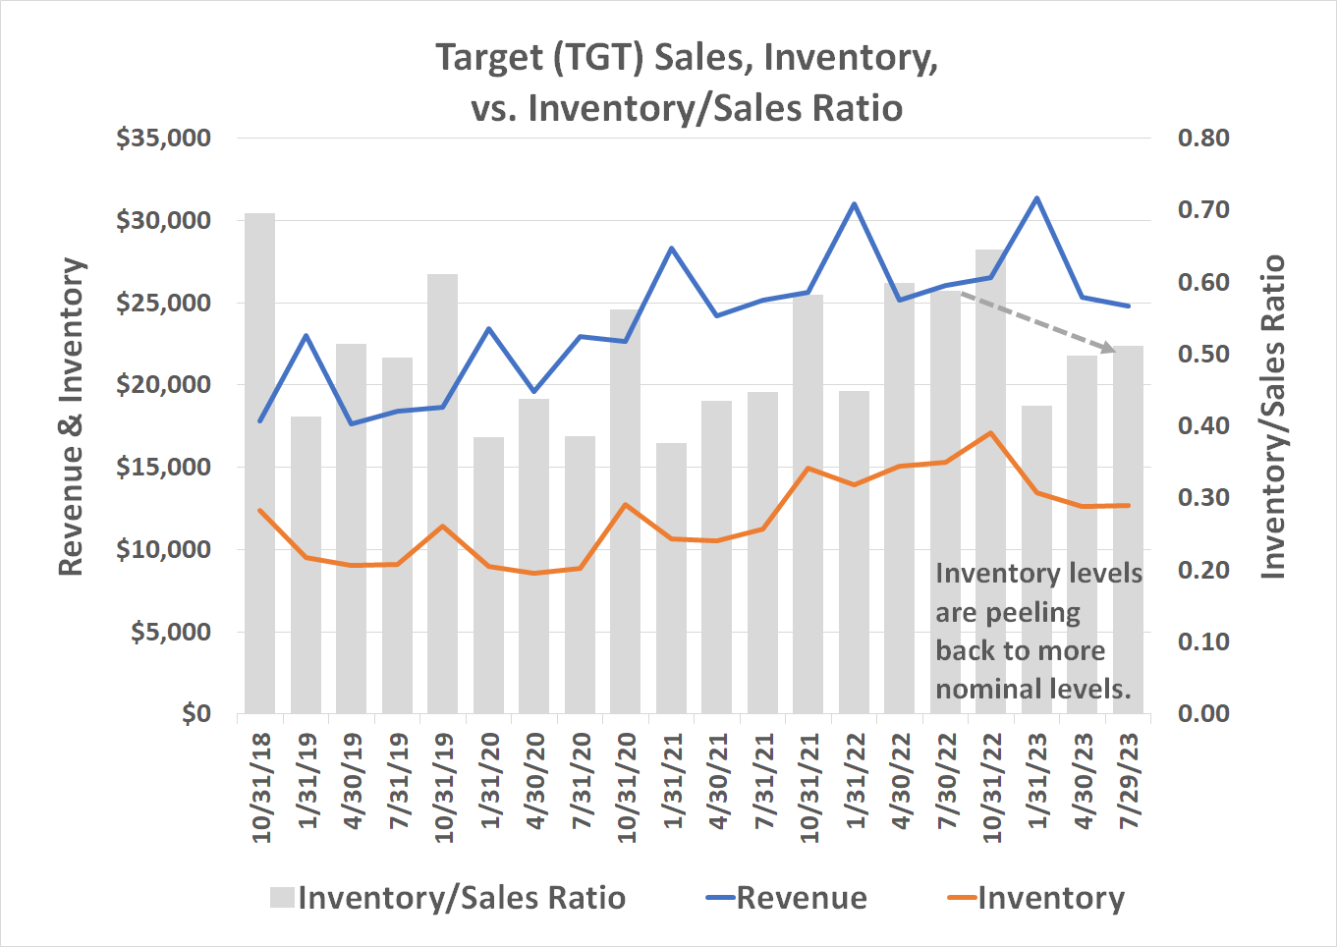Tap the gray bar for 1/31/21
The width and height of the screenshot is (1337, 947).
(671, 629)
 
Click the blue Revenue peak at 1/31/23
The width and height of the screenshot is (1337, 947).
(1036, 198)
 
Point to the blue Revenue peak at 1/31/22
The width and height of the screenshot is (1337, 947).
(855, 204)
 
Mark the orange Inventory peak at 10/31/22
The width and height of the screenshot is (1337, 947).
(991, 432)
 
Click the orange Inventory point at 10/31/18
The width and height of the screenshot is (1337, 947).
(259, 510)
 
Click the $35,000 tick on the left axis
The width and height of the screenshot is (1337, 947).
(164, 139)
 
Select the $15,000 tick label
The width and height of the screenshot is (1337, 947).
(164, 468)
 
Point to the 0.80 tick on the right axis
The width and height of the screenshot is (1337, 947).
(1202, 139)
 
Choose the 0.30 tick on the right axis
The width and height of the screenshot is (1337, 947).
(1202, 498)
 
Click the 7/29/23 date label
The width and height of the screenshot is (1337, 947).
(1129, 781)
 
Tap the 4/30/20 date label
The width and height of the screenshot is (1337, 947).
(534, 781)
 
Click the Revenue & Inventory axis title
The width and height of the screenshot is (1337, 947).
(71, 417)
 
